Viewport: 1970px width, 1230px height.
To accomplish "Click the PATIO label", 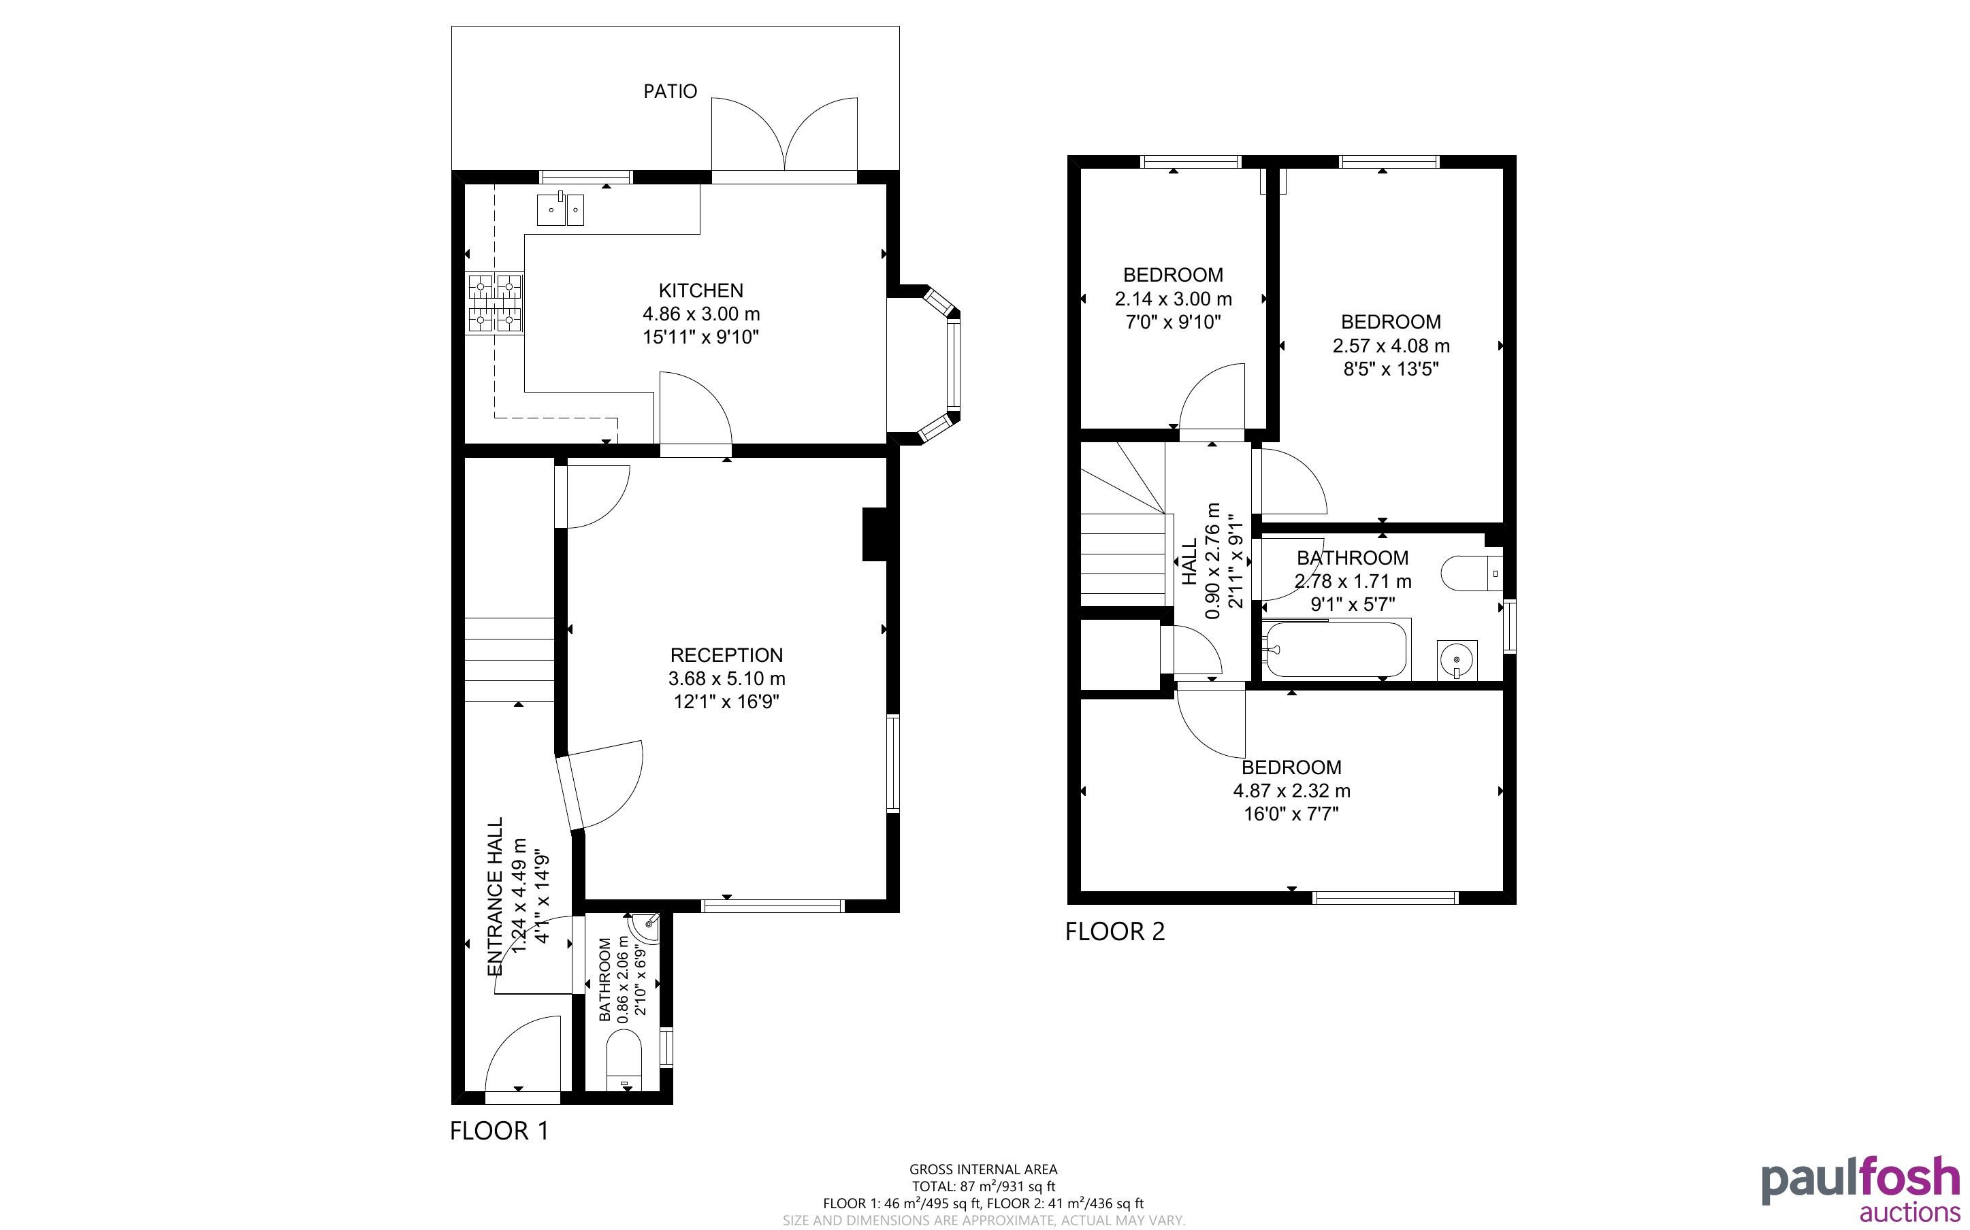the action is click(x=670, y=91).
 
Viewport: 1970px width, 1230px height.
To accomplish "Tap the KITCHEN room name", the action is click(x=700, y=290).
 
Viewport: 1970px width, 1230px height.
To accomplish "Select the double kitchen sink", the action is click(x=561, y=209).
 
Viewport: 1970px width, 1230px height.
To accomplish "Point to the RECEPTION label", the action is click(x=726, y=655).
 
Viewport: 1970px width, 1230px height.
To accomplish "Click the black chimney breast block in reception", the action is click(x=875, y=535).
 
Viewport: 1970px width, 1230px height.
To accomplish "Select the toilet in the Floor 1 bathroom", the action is click(x=624, y=1061).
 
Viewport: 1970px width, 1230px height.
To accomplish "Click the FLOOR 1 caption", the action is click(x=500, y=1131).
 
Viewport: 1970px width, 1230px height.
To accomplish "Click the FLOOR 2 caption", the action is click(x=1115, y=931).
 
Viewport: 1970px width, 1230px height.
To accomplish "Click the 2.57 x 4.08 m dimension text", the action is click(x=1391, y=346).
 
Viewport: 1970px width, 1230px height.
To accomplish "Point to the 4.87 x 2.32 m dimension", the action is click(x=1291, y=791).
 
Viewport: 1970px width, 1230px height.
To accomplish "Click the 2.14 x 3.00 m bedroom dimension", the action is click(x=1174, y=299).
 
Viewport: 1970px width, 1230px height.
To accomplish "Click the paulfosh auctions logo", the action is click(x=1860, y=1190).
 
